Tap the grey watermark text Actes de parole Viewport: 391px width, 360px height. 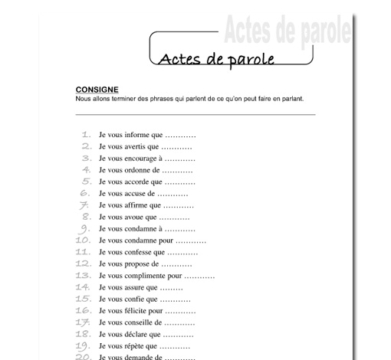[287, 31]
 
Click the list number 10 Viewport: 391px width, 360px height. [84, 240]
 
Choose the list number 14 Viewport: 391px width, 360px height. [84, 287]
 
